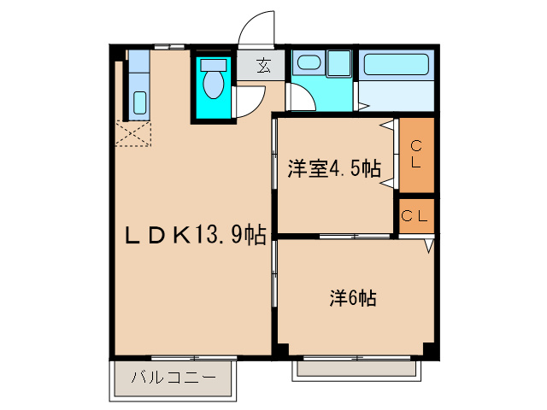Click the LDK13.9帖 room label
coord(196,234)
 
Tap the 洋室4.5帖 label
coord(333,168)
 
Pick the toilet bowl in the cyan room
coord(213,83)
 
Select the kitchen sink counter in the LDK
coord(139,85)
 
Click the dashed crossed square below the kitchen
coord(134,135)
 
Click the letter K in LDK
coord(181,234)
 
